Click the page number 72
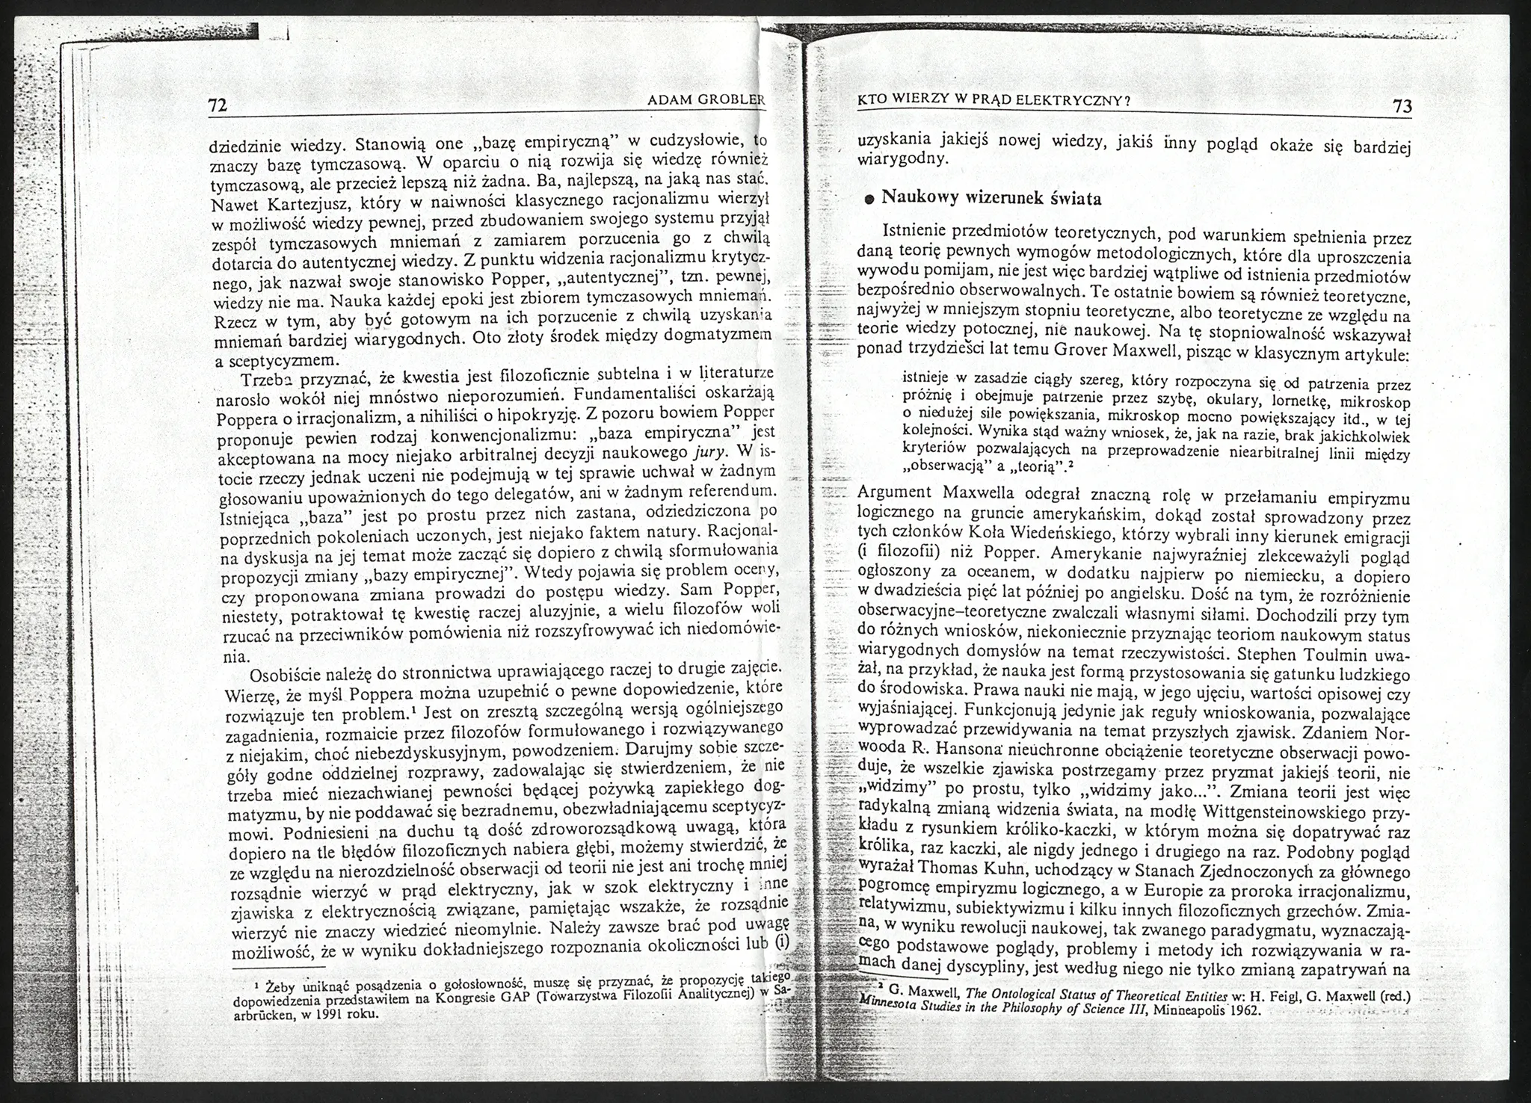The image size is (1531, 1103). click(218, 105)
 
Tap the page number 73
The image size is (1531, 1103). click(1402, 107)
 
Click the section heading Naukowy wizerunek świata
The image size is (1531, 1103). click(991, 199)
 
